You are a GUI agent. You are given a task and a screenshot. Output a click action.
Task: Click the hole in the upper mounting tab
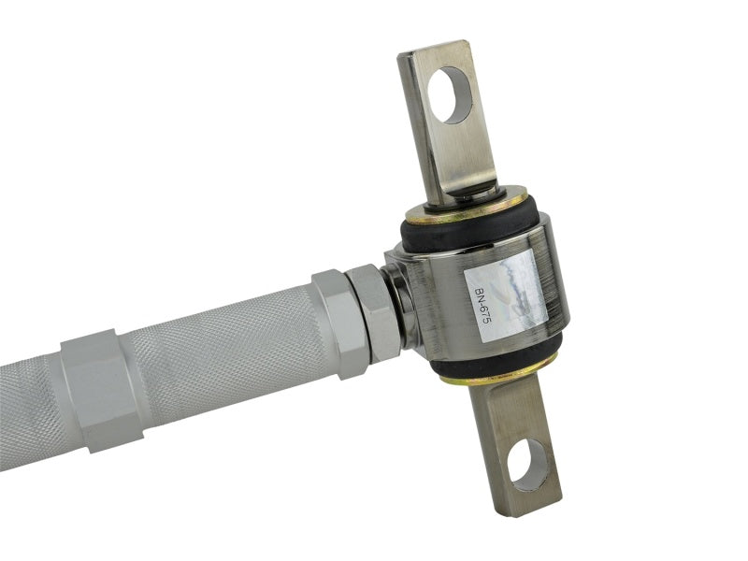point(453,95)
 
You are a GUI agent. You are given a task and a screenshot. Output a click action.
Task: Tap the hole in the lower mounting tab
point(528,465)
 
